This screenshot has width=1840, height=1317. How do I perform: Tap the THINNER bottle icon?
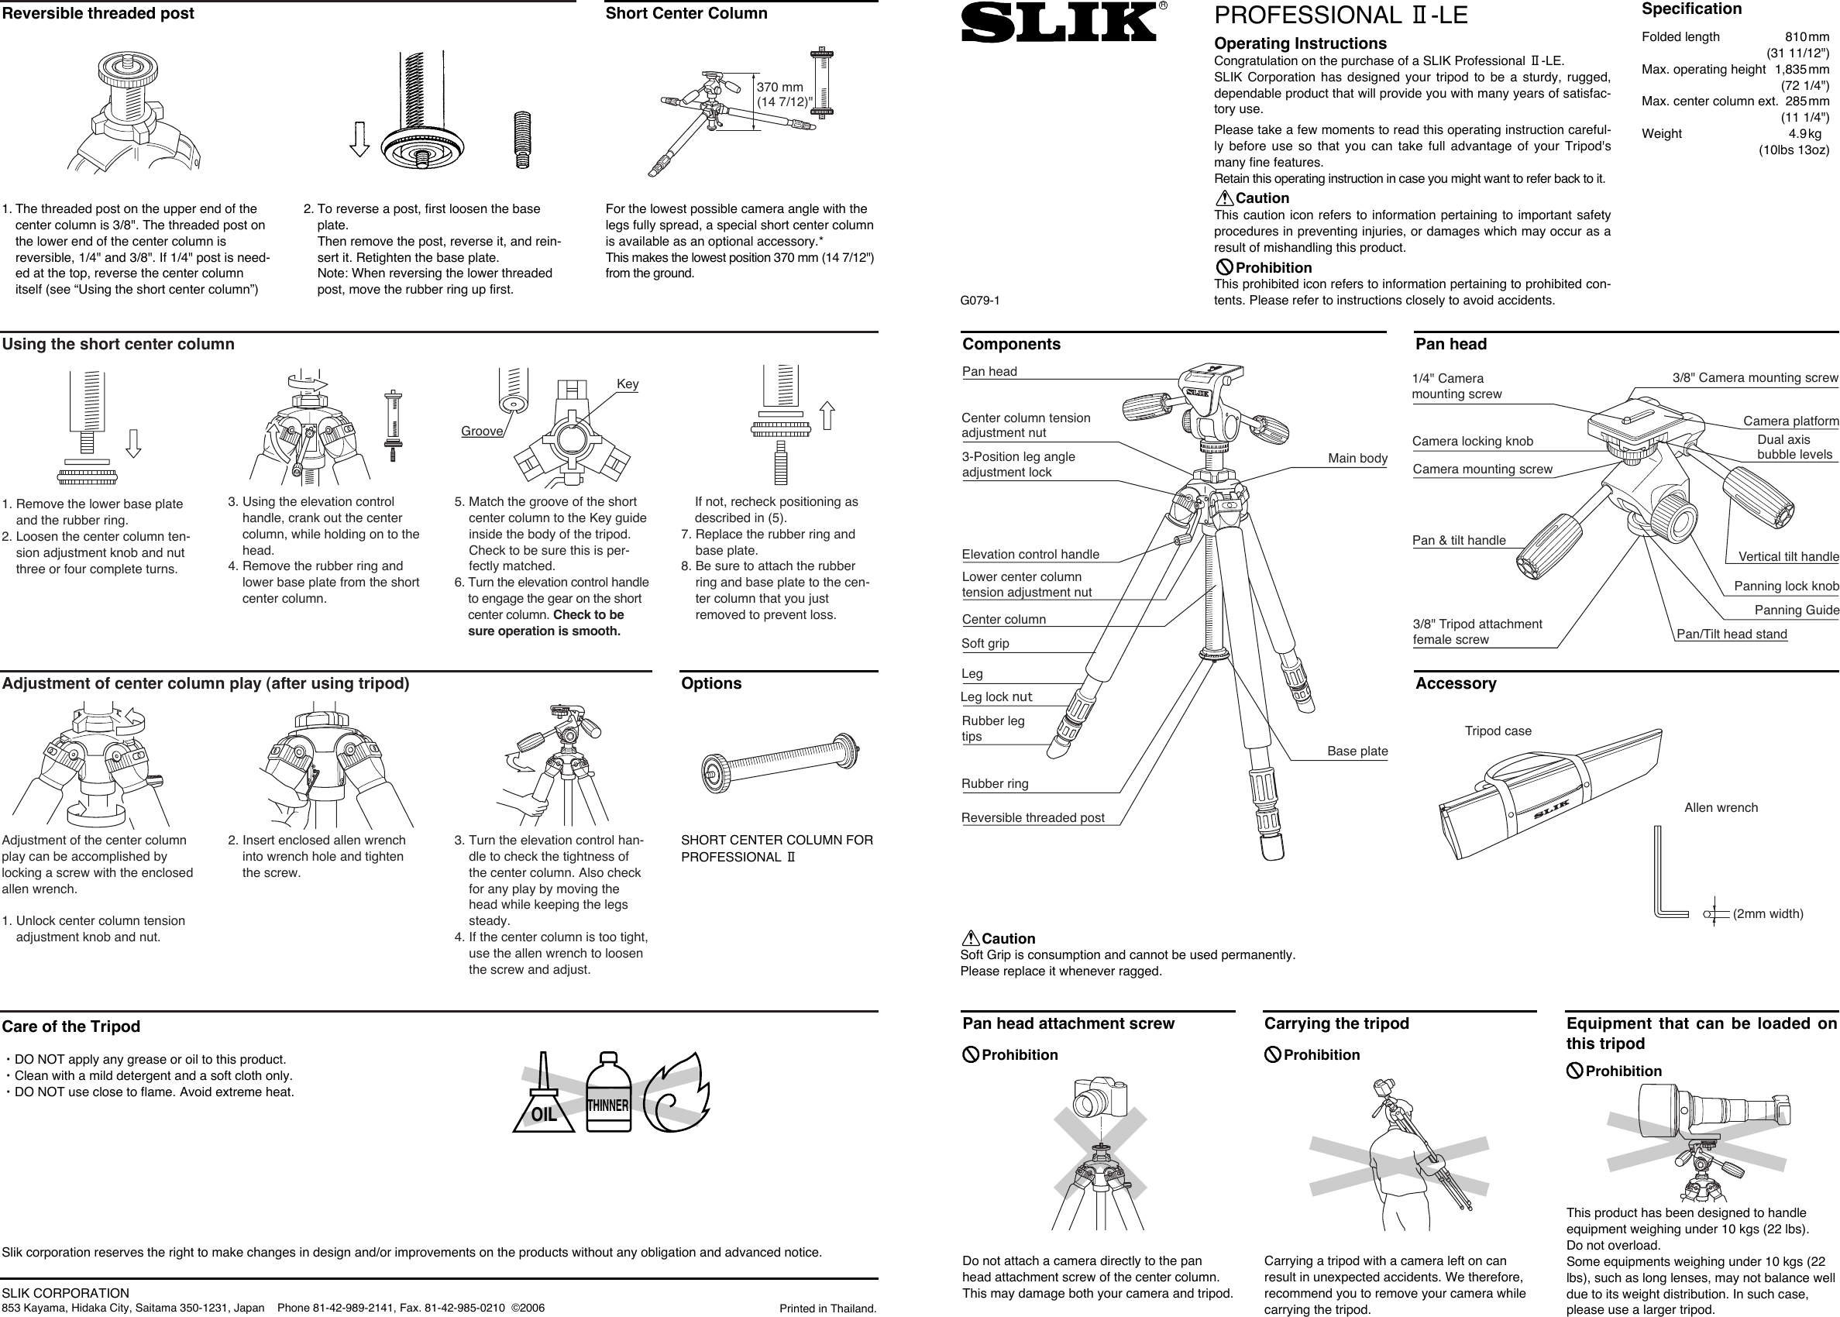point(608,1094)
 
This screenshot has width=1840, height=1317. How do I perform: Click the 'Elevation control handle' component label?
point(1030,555)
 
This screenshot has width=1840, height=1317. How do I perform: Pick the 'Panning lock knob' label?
point(1786,586)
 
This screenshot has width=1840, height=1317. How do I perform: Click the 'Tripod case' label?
point(1497,731)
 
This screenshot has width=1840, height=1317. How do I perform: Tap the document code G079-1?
point(979,301)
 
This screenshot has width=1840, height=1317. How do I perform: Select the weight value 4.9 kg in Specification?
point(1804,134)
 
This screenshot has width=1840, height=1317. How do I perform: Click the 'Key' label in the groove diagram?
point(627,384)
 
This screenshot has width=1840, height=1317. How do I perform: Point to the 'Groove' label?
point(482,432)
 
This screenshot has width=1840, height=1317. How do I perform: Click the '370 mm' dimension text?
point(779,88)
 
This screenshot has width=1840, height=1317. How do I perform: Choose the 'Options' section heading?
point(711,683)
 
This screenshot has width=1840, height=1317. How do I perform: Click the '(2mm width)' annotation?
point(1768,914)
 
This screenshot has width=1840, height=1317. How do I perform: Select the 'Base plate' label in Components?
point(1357,751)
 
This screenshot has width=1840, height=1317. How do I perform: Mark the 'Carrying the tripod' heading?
point(1336,1023)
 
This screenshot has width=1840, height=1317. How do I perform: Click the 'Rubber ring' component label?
point(994,784)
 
